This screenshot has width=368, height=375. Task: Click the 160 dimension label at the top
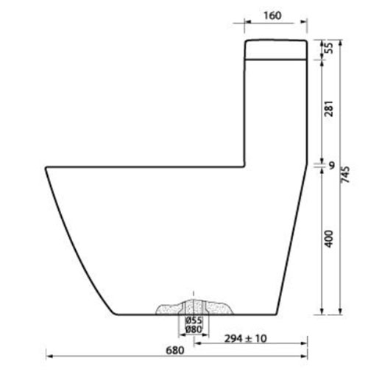[272, 15]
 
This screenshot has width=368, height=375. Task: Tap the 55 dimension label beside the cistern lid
[329, 48]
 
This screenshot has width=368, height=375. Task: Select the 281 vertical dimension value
[329, 108]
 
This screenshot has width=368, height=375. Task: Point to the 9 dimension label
[332, 166]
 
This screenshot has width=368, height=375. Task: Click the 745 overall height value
[345, 175]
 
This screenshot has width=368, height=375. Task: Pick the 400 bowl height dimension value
[329, 239]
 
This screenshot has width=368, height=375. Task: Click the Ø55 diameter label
[194, 320]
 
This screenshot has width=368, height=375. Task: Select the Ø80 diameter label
[194, 329]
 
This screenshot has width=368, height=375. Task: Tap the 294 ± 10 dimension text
[245, 339]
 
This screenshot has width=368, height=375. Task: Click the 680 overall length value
[175, 351]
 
